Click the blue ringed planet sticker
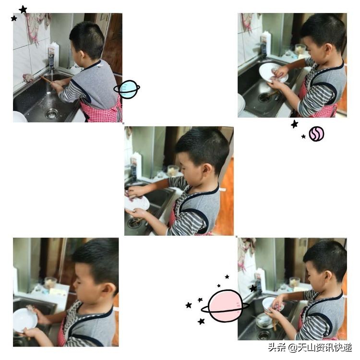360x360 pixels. (x=127, y=89)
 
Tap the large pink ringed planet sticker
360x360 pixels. (x=225, y=306)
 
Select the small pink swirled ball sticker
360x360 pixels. (x=316, y=133)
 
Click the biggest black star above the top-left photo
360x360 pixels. (x=23, y=10)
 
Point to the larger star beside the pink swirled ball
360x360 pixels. (x=294, y=124)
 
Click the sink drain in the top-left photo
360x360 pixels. (x=51, y=113)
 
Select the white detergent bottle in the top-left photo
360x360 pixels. (x=54, y=54)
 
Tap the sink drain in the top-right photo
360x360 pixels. (x=264, y=97)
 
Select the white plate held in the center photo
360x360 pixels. (x=137, y=203)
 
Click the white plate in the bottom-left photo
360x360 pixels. (x=24, y=320)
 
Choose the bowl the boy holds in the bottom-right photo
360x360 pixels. (x=268, y=303)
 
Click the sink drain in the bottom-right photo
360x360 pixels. (x=264, y=335)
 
